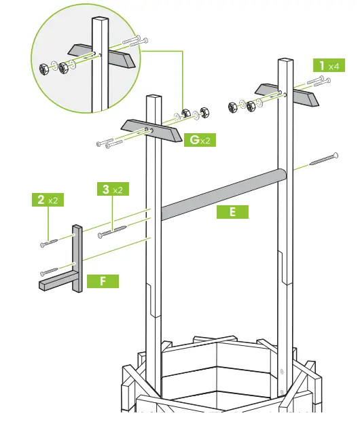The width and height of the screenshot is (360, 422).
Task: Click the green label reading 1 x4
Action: (327, 66)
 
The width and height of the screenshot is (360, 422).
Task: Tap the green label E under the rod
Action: (233, 212)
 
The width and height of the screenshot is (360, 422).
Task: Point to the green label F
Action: (102, 279)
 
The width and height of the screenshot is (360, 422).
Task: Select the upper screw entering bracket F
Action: (50, 241)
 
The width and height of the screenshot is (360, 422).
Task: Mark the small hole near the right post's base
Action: (283, 371)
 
